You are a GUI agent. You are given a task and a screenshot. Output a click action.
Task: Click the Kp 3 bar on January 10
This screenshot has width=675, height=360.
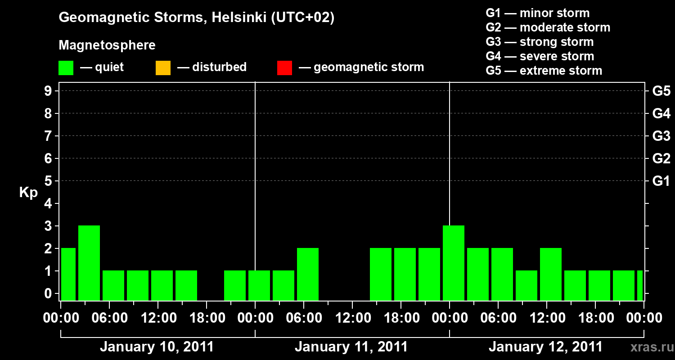point(89,263)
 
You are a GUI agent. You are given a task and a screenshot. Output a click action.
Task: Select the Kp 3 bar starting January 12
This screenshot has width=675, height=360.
point(454,263)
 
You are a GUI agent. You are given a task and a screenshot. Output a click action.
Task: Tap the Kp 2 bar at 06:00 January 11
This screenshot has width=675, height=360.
point(308,274)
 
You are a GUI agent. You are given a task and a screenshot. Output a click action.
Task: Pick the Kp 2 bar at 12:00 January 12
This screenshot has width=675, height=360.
point(551,274)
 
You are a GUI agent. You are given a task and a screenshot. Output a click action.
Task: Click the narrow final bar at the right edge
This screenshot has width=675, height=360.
point(640,285)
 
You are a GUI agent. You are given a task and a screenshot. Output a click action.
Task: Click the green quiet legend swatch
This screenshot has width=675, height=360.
point(66,67)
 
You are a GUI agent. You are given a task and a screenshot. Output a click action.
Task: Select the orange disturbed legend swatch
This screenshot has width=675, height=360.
point(163,67)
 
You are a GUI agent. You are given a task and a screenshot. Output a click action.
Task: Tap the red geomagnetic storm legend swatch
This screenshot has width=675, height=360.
point(285,67)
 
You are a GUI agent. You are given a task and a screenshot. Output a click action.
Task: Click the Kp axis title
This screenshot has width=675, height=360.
point(28,193)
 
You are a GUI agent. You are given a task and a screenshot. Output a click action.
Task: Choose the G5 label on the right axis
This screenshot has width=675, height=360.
point(661,91)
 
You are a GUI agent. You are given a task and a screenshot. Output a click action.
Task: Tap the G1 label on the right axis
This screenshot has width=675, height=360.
point(661,181)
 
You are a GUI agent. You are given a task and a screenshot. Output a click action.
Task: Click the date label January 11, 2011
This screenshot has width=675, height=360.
point(351,347)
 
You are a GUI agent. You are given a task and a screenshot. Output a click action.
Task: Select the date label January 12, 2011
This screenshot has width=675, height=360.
point(545,347)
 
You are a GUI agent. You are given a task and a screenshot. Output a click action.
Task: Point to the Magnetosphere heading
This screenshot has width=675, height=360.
point(107,45)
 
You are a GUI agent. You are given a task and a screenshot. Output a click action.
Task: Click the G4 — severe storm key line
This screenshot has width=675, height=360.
point(540,56)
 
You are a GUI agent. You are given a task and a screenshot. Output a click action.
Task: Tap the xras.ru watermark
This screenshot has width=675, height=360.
point(649,347)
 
